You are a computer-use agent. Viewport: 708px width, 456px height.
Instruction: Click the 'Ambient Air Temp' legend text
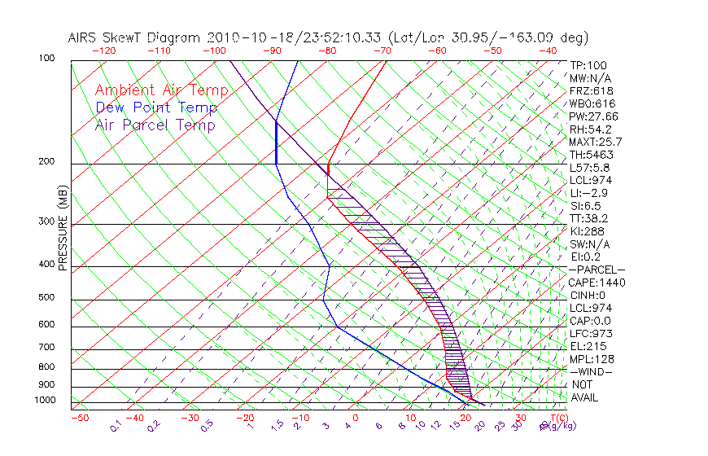tap(161, 90)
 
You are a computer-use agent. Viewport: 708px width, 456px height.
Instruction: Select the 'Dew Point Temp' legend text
tap(156, 107)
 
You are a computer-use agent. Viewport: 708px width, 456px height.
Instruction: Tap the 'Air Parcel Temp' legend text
tap(155, 125)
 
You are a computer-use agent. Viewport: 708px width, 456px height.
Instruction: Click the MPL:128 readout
tap(591, 359)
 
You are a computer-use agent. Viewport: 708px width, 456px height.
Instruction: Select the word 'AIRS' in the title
tap(85, 37)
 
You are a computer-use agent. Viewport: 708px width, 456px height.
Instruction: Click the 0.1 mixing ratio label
tap(116, 425)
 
